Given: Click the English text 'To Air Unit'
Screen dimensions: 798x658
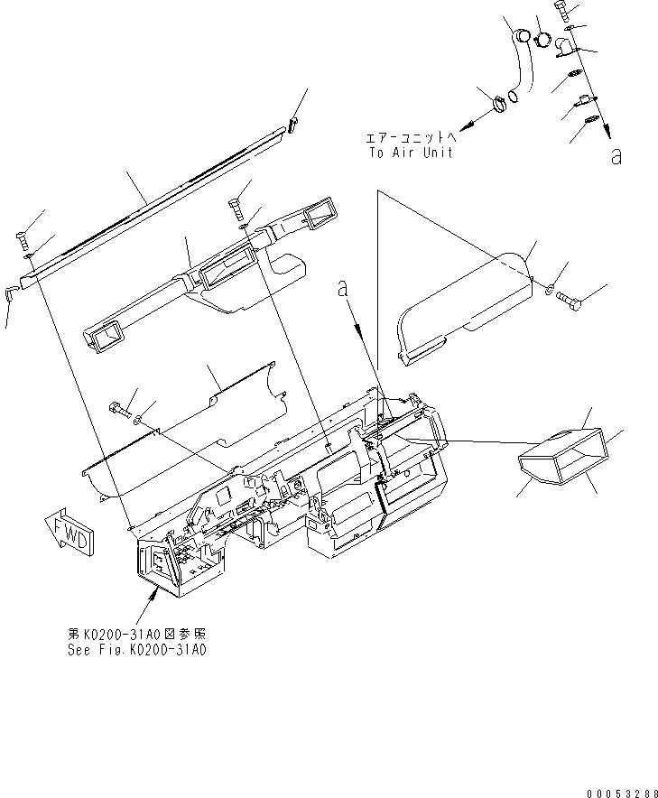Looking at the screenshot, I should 410,153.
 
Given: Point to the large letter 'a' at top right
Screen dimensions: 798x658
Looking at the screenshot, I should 616,157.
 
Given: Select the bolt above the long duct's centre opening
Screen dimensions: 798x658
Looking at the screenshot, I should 238,211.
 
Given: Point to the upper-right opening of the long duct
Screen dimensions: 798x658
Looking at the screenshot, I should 320,215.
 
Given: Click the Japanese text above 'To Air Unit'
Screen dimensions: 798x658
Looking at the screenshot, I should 411,137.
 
